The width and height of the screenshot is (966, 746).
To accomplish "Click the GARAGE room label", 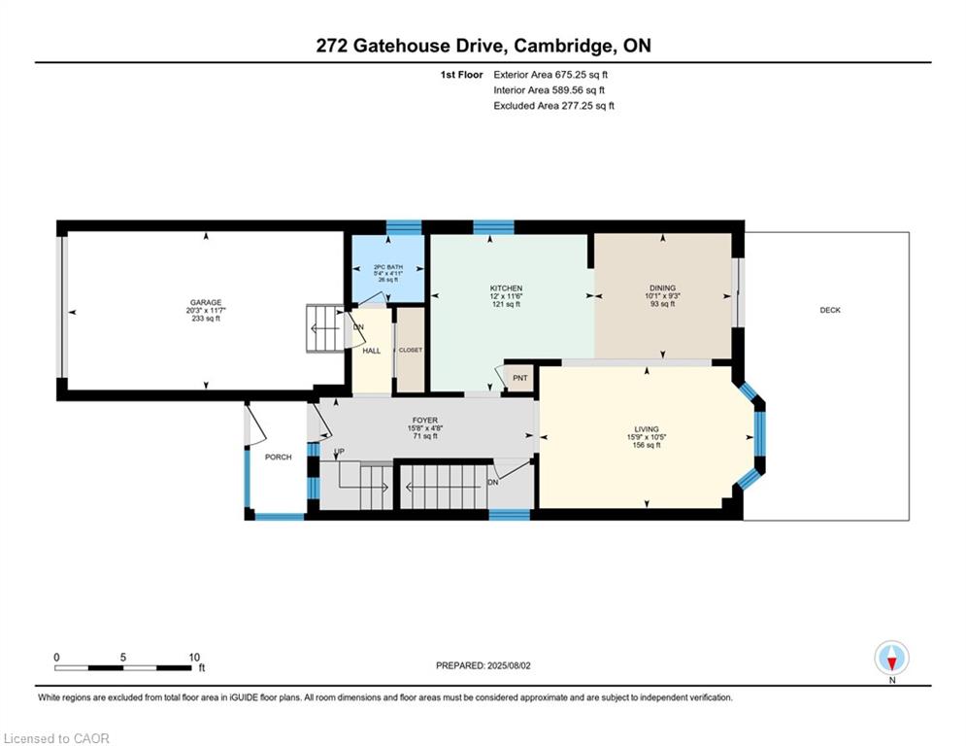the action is pos(206,303).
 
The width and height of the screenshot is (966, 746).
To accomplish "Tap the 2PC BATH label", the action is pos(388,267).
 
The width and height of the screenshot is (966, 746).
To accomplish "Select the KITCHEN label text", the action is pos(506,288).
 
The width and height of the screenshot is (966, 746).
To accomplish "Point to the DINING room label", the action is pos(662,288).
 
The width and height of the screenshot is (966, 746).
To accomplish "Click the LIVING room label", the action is pos(647,429).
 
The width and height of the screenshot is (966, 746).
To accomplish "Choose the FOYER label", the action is pos(425,421).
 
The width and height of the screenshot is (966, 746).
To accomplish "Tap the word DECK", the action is pos(830,310).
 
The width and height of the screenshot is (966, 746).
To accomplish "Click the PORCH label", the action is pos(278,457).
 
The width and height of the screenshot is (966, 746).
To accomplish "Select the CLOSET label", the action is pos(411,351).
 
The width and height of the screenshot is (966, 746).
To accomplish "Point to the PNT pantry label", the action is pos(520,378).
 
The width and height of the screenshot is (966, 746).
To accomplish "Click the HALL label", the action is pos(372,351).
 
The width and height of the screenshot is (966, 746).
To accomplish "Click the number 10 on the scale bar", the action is pos(194,658).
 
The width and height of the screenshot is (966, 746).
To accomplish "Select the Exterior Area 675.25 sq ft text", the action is pos(550,75).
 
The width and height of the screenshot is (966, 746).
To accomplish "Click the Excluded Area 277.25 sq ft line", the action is pos(553,106).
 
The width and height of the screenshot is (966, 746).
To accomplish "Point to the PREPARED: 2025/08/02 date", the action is pos(483,665).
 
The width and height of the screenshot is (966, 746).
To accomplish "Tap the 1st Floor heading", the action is pos(461,75).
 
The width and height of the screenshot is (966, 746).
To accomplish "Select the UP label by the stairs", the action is pos(339,452).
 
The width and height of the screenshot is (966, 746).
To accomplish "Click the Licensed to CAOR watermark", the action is pos(56,738).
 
